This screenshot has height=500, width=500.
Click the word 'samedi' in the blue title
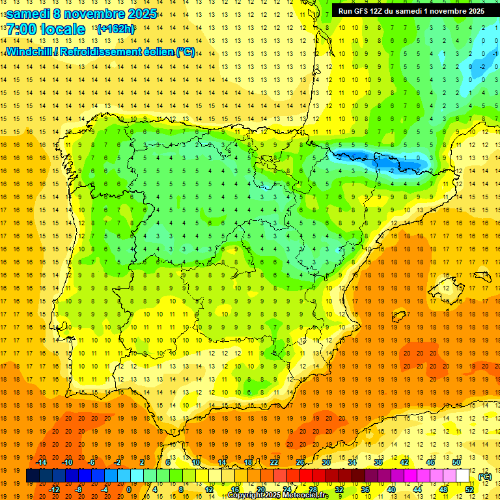(x=29, y=13)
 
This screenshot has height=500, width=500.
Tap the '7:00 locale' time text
(x=46, y=29)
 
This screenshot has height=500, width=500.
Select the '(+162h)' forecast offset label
(x=115, y=29)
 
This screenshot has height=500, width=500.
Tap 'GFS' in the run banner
(x=362, y=11)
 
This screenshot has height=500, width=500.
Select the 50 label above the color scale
(x=456, y=462)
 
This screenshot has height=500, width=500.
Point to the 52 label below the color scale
(x=469, y=490)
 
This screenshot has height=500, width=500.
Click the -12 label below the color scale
(x=55, y=490)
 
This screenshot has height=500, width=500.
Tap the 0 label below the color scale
(x=130, y=490)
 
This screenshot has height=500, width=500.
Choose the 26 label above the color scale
(x=300, y=462)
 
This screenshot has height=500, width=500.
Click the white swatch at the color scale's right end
(x=463, y=476)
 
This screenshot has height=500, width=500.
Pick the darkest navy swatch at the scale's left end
(x=33, y=476)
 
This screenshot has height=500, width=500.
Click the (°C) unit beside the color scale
(x=484, y=476)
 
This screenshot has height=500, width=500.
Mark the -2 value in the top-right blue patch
(x=482, y=66)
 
